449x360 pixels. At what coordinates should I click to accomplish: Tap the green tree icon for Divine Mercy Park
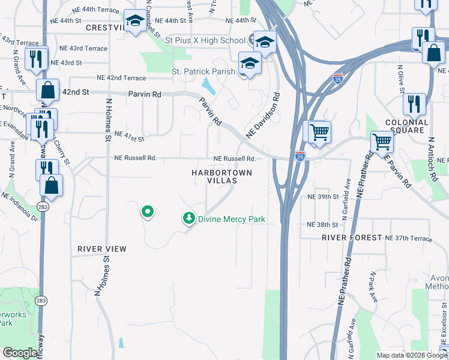tap(190, 218)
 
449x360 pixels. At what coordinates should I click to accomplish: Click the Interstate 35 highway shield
tap(338, 78)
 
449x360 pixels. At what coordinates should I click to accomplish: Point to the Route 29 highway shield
tap(300, 156)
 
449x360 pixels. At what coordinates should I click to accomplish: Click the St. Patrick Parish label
tap(204, 71)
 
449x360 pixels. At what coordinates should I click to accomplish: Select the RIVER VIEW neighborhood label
tap(102, 248)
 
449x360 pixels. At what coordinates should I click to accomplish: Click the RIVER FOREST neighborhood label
tap(352, 238)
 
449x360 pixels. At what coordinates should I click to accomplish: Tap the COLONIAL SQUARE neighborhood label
tap(407, 127)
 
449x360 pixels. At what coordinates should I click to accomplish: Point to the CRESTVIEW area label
tap(106, 28)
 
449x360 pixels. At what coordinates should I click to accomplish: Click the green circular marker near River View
tap(147, 211)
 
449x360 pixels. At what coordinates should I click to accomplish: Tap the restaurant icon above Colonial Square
tap(414, 102)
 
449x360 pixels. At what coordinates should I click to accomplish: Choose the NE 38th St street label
tap(323, 224)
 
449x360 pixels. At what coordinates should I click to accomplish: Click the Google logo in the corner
tap(20, 353)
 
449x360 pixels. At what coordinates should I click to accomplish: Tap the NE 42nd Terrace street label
tap(121, 78)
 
